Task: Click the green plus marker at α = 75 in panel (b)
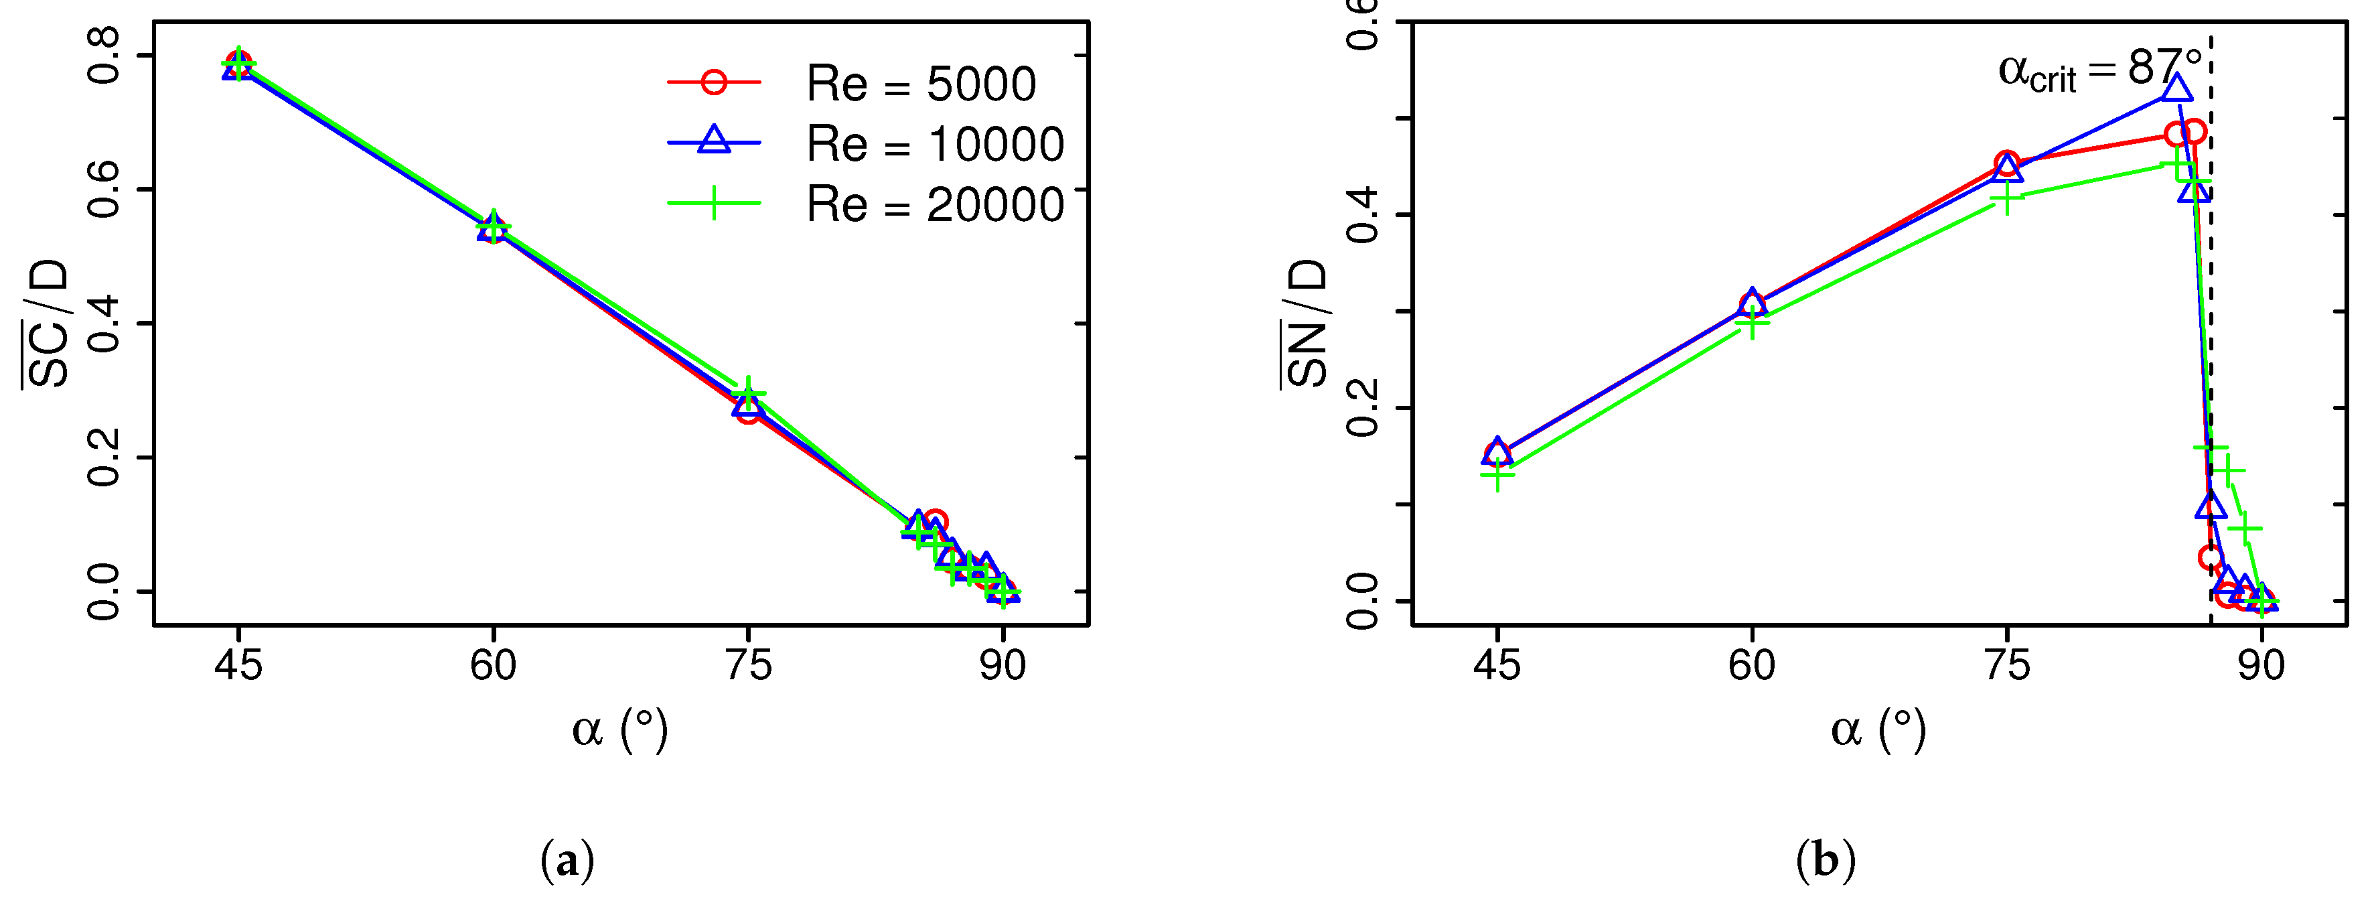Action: [x=2006, y=198]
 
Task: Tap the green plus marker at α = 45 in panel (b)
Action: [x=1497, y=475]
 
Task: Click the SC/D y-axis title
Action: [x=46, y=324]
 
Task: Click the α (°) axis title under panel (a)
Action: [x=620, y=730]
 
